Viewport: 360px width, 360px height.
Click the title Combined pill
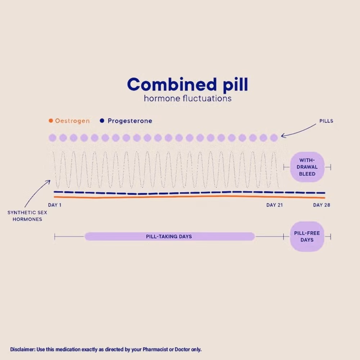pyautogui.click(x=188, y=85)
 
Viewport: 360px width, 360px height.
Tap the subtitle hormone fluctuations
pyautogui.click(x=188, y=99)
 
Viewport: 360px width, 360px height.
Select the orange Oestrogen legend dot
pyautogui.click(x=51, y=121)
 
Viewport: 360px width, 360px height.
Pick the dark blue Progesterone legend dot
pyautogui.click(x=102, y=121)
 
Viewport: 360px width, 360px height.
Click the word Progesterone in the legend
pyautogui.click(x=130, y=121)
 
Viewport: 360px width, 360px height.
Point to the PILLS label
pyautogui.click(x=326, y=121)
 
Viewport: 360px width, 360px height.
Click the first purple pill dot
pyautogui.click(x=53, y=138)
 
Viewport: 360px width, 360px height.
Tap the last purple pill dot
pyautogui.click(x=274, y=138)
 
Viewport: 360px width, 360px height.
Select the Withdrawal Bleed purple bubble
pyautogui.click(x=307, y=167)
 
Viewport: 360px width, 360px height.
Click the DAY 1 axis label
pyautogui.click(x=55, y=205)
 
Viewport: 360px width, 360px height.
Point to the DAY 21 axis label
pyautogui.click(x=275, y=205)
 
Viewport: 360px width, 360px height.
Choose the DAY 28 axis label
pyautogui.click(x=321, y=205)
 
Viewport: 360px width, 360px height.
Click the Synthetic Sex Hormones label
pyautogui.click(x=27, y=216)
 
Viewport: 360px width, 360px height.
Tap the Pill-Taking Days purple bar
pyautogui.click(x=170, y=237)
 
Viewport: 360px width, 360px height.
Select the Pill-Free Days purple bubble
pyautogui.click(x=307, y=237)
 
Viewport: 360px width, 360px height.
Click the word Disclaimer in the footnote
pyautogui.click(x=23, y=350)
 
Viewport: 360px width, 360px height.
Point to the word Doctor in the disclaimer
pyautogui.click(x=182, y=350)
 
